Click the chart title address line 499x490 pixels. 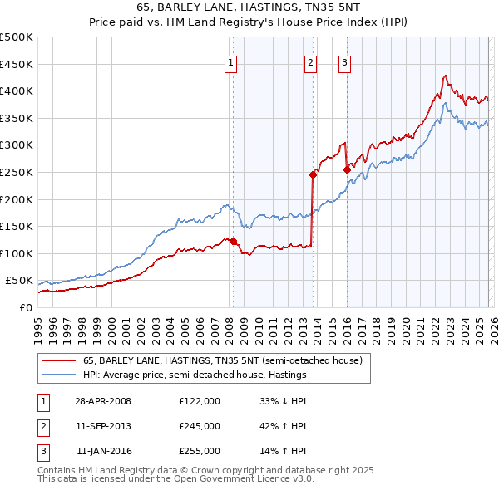tap(249, 7)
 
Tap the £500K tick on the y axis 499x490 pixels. tap(17, 37)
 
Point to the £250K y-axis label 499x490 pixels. tap(17, 172)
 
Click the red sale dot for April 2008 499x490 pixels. tap(233, 242)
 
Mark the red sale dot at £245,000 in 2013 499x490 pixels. tap(313, 174)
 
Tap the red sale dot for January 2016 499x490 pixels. tap(347, 169)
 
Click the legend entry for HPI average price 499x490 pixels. tap(195, 375)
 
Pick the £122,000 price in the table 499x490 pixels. tap(200, 401)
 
